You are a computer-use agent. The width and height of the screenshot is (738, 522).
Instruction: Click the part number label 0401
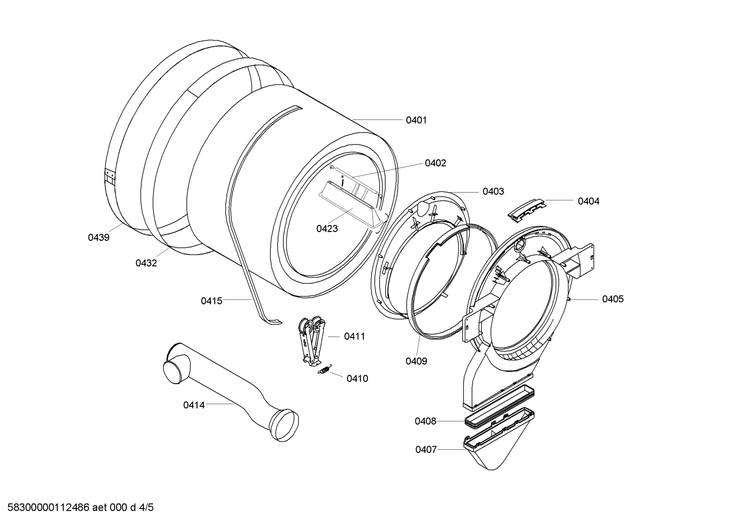pos(416,120)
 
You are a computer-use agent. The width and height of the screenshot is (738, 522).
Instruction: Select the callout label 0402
pos(436,163)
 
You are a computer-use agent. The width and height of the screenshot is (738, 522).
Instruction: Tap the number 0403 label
pos(493,191)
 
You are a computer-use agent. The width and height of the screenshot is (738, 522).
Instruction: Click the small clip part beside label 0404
pos(527,209)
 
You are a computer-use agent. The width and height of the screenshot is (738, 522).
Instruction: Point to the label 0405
pos(613,299)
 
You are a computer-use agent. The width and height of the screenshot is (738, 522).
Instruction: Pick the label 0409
pos(416,361)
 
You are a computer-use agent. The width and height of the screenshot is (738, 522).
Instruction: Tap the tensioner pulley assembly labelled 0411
pos(311,341)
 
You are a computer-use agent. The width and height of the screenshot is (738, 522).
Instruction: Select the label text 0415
pos(211,301)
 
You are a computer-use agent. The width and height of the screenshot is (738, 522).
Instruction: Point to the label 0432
pos(146,263)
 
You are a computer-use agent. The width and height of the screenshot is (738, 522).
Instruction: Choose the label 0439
pos(98,237)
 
